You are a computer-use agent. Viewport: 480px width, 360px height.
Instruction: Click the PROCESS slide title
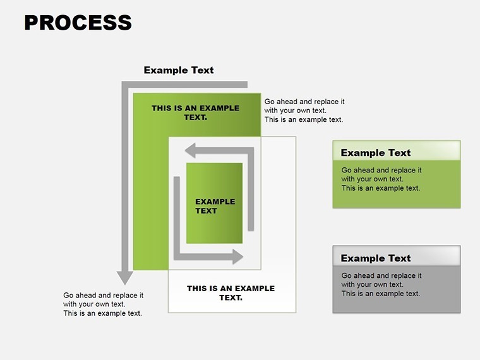click(x=78, y=23)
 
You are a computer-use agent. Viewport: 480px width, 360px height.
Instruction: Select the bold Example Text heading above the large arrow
click(x=179, y=70)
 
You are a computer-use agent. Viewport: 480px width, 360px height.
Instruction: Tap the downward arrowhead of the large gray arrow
click(x=124, y=278)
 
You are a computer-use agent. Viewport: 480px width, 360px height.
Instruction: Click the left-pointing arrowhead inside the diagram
click(x=190, y=150)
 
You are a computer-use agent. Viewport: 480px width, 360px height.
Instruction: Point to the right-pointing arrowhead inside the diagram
click(x=238, y=256)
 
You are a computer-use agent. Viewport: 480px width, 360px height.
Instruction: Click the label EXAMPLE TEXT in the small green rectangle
click(x=215, y=206)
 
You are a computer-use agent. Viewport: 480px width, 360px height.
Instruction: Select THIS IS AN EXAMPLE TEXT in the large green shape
click(x=196, y=112)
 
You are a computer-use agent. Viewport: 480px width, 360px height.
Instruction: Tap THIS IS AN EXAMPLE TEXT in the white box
click(x=231, y=292)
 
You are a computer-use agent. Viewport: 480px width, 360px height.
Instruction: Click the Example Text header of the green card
click(x=376, y=152)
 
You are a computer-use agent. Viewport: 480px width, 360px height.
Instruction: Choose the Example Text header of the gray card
click(x=376, y=258)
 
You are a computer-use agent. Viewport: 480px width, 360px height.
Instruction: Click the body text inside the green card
click(x=381, y=179)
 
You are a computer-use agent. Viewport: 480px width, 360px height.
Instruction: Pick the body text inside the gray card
click(x=381, y=284)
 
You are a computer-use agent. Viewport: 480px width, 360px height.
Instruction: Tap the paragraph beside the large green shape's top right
click(x=304, y=111)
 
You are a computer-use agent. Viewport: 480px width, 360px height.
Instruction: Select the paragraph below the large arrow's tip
click(x=103, y=304)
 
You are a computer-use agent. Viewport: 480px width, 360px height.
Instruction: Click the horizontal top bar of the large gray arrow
click(x=184, y=85)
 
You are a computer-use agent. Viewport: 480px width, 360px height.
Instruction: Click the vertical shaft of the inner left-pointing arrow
click(x=251, y=189)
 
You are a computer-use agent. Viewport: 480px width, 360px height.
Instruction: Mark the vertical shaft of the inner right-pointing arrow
click(x=177, y=215)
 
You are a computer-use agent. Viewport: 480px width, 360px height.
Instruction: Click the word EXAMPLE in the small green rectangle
click(x=215, y=201)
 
